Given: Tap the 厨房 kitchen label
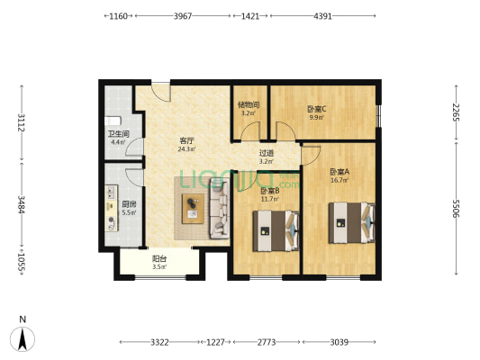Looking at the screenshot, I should [x=129, y=204].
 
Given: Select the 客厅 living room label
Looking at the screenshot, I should [x=187, y=141].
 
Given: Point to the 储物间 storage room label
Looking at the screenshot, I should [x=249, y=104].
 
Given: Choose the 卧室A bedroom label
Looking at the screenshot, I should [x=340, y=172].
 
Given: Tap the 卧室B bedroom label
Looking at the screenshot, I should [x=270, y=191].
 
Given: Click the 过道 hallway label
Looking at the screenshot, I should [x=266, y=153].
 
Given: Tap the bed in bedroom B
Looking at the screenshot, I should [x=276, y=232].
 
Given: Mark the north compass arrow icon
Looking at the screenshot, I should [x=23, y=337].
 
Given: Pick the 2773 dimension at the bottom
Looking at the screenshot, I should [x=267, y=343].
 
